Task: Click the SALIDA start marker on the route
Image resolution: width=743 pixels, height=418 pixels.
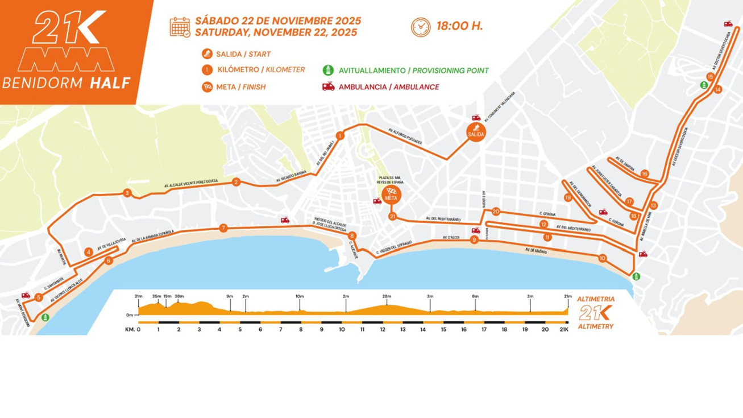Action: click(476, 132)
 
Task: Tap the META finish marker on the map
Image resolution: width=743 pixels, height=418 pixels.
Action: click(391, 195)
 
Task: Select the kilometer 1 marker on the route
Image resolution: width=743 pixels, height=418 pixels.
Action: click(340, 136)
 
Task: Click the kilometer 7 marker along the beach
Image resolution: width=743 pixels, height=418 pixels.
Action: click(223, 228)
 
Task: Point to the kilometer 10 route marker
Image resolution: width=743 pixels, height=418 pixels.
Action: click(602, 258)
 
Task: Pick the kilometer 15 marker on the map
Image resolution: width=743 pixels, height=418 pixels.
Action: click(710, 77)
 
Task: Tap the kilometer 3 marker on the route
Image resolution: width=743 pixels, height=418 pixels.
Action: click(127, 193)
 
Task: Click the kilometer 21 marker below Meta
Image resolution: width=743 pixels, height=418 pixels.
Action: click(392, 217)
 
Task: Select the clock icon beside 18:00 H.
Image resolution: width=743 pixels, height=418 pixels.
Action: click(421, 27)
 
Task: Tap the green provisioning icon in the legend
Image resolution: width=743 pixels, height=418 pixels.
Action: click(328, 71)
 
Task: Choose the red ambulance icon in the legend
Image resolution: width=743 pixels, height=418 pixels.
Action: click(328, 87)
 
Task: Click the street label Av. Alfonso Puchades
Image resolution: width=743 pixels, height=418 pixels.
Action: click(405, 136)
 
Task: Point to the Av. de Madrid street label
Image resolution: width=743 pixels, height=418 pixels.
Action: click(536, 250)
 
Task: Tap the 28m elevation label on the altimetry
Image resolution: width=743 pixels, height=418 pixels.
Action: click(387, 296)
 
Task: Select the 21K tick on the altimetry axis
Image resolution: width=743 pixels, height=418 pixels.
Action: click(563, 329)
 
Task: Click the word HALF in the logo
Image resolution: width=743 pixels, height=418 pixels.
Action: click(109, 83)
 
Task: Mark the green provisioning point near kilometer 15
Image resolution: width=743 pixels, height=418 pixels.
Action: click(704, 85)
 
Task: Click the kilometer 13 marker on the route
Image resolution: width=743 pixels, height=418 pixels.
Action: click(653, 205)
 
